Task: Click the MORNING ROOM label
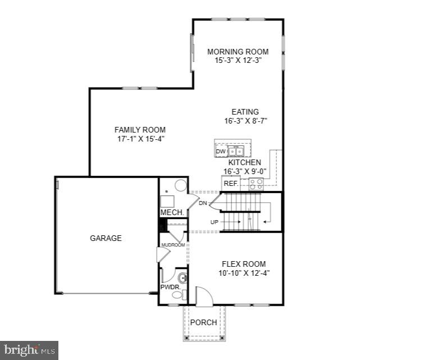(x=238, y=52)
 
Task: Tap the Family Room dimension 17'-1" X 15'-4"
(x=140, y=138)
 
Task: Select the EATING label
(x=245, y=112)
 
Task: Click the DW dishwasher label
(x=221, y=151)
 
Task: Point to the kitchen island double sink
(x=235, y=151)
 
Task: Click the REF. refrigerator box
(x=231, y=183)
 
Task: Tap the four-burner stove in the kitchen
(x=255, y=183)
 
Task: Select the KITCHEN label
(x=244, y=162)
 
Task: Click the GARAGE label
(x=106, y=238)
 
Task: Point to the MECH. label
(x=172, y=213)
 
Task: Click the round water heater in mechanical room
(x=180, y=186)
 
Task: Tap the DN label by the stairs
(x=203, y=203)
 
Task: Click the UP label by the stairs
(x=214, y=222)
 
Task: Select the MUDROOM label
(x=173, y=245)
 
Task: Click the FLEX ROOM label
(x=244, y=264)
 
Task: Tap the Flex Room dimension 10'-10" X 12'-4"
(x=244, y=273)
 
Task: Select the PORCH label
(x=203, y=322)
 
